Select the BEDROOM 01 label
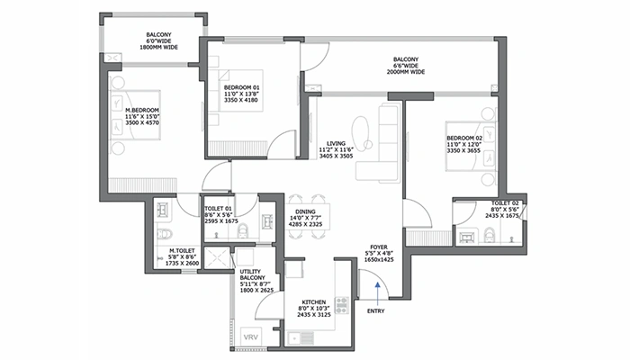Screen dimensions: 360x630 (240, 87)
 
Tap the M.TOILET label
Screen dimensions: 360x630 (184, 252)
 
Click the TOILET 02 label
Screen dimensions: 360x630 (504, 203)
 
